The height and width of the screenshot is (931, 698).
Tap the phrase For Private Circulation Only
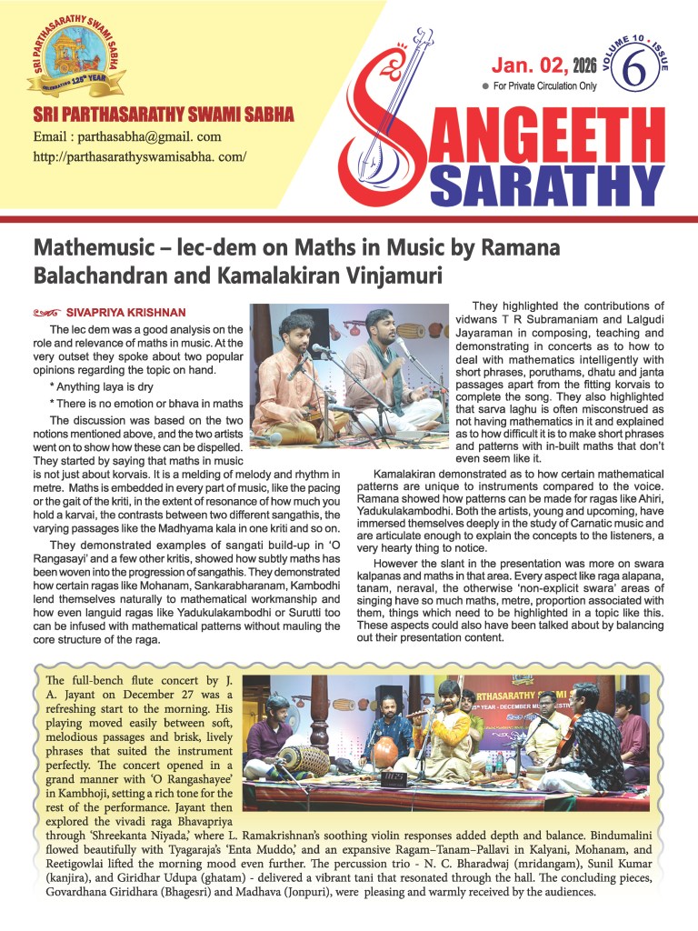[x=544, y=86]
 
